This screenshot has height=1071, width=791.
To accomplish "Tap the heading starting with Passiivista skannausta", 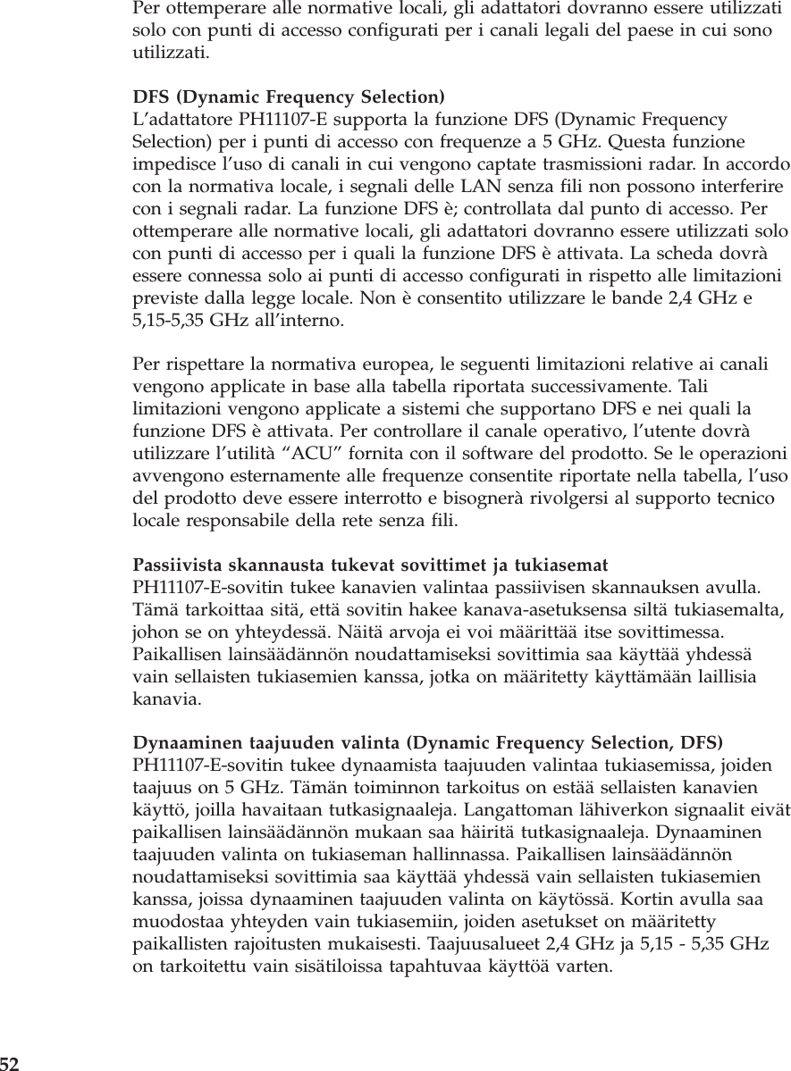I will (x=370, y=565).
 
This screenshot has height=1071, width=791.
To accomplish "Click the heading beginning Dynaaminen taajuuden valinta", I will (x=428, y=743).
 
